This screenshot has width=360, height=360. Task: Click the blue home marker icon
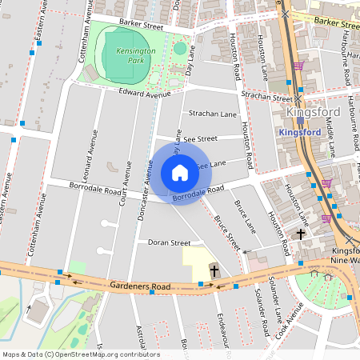pyautogui.click(x=180, y=173)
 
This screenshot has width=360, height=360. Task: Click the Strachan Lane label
pyautogui.click(x=213, y=114)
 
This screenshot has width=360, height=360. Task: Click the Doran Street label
pyautogui.click(x=169, y=242)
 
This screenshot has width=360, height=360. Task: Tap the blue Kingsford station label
pyautogui.click(x=301, y=131)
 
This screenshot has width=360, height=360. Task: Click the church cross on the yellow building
pyautogui.click(x=214, y=272)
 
